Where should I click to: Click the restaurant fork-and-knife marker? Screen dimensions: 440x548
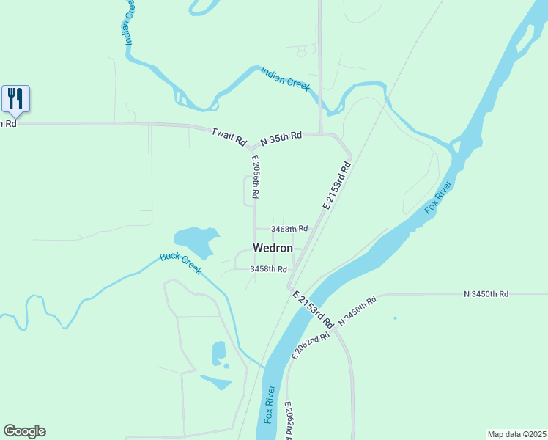click(x=15, y=98)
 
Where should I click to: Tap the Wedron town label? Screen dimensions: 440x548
click(x=273, y=249)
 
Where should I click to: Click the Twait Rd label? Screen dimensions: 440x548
click(x=229, y=137)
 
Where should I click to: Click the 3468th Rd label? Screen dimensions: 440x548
click(x=289, y=229)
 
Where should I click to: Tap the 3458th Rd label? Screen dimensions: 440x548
click(x=267, y=269)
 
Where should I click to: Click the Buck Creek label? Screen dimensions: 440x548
click(x=180, y=263)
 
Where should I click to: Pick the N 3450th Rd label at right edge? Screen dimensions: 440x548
click(x=486, y=294)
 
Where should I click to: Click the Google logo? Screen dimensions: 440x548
click(x=24, y=431)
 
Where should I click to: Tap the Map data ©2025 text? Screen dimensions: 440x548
click(x=516, y=434)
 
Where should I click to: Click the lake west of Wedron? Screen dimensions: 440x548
click(x=195, y=240)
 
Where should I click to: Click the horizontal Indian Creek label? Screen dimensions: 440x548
click(x=286, y=78)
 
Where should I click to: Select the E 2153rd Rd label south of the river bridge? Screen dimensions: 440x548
click(x=313, y=309)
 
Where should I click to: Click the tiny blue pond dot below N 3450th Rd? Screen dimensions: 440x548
click(x=395, y=318)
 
